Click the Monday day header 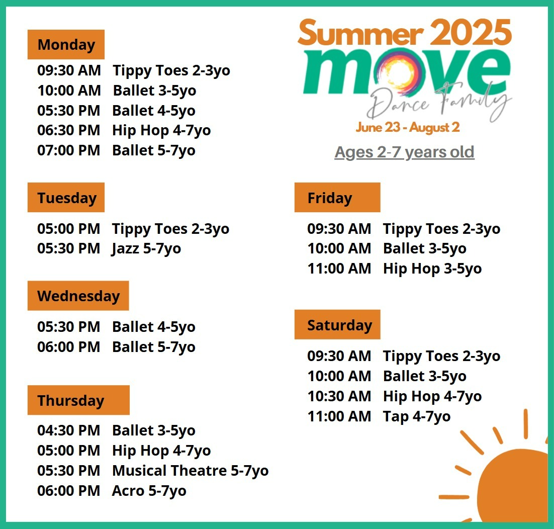point(66,45)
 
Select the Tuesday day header point(66,198)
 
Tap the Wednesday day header point(78,296)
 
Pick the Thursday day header point(78,400)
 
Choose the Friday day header point(337,198)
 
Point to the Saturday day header point(337,325)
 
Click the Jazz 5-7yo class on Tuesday point(146,249)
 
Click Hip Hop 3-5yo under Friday point(432,269)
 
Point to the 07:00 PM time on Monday point(69,150)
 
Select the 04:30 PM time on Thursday point(69,430)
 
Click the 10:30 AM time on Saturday point(339,396)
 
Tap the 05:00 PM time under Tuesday point(69,229)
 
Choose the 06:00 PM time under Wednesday point(69,347)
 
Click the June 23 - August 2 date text point(408,127)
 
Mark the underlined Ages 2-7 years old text point(405,152)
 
